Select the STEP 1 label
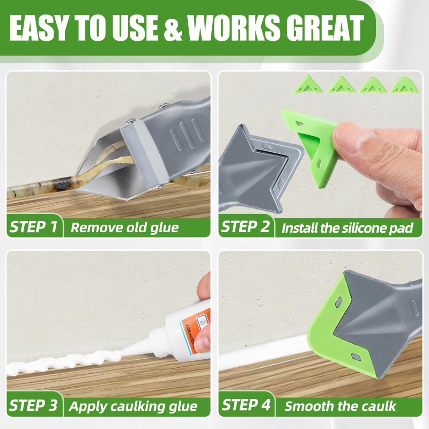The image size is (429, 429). click(x=33, y=227)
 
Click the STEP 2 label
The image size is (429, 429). click(x=245, y=227)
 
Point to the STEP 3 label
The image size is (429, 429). click(x=33, y=405)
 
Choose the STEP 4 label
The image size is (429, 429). click(x=246, y=405)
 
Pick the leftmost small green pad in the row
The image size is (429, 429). click(x=308, y=84)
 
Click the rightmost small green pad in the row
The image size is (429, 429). click(x=404, y=85)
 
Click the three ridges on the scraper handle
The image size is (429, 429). click(x=187, y=132)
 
